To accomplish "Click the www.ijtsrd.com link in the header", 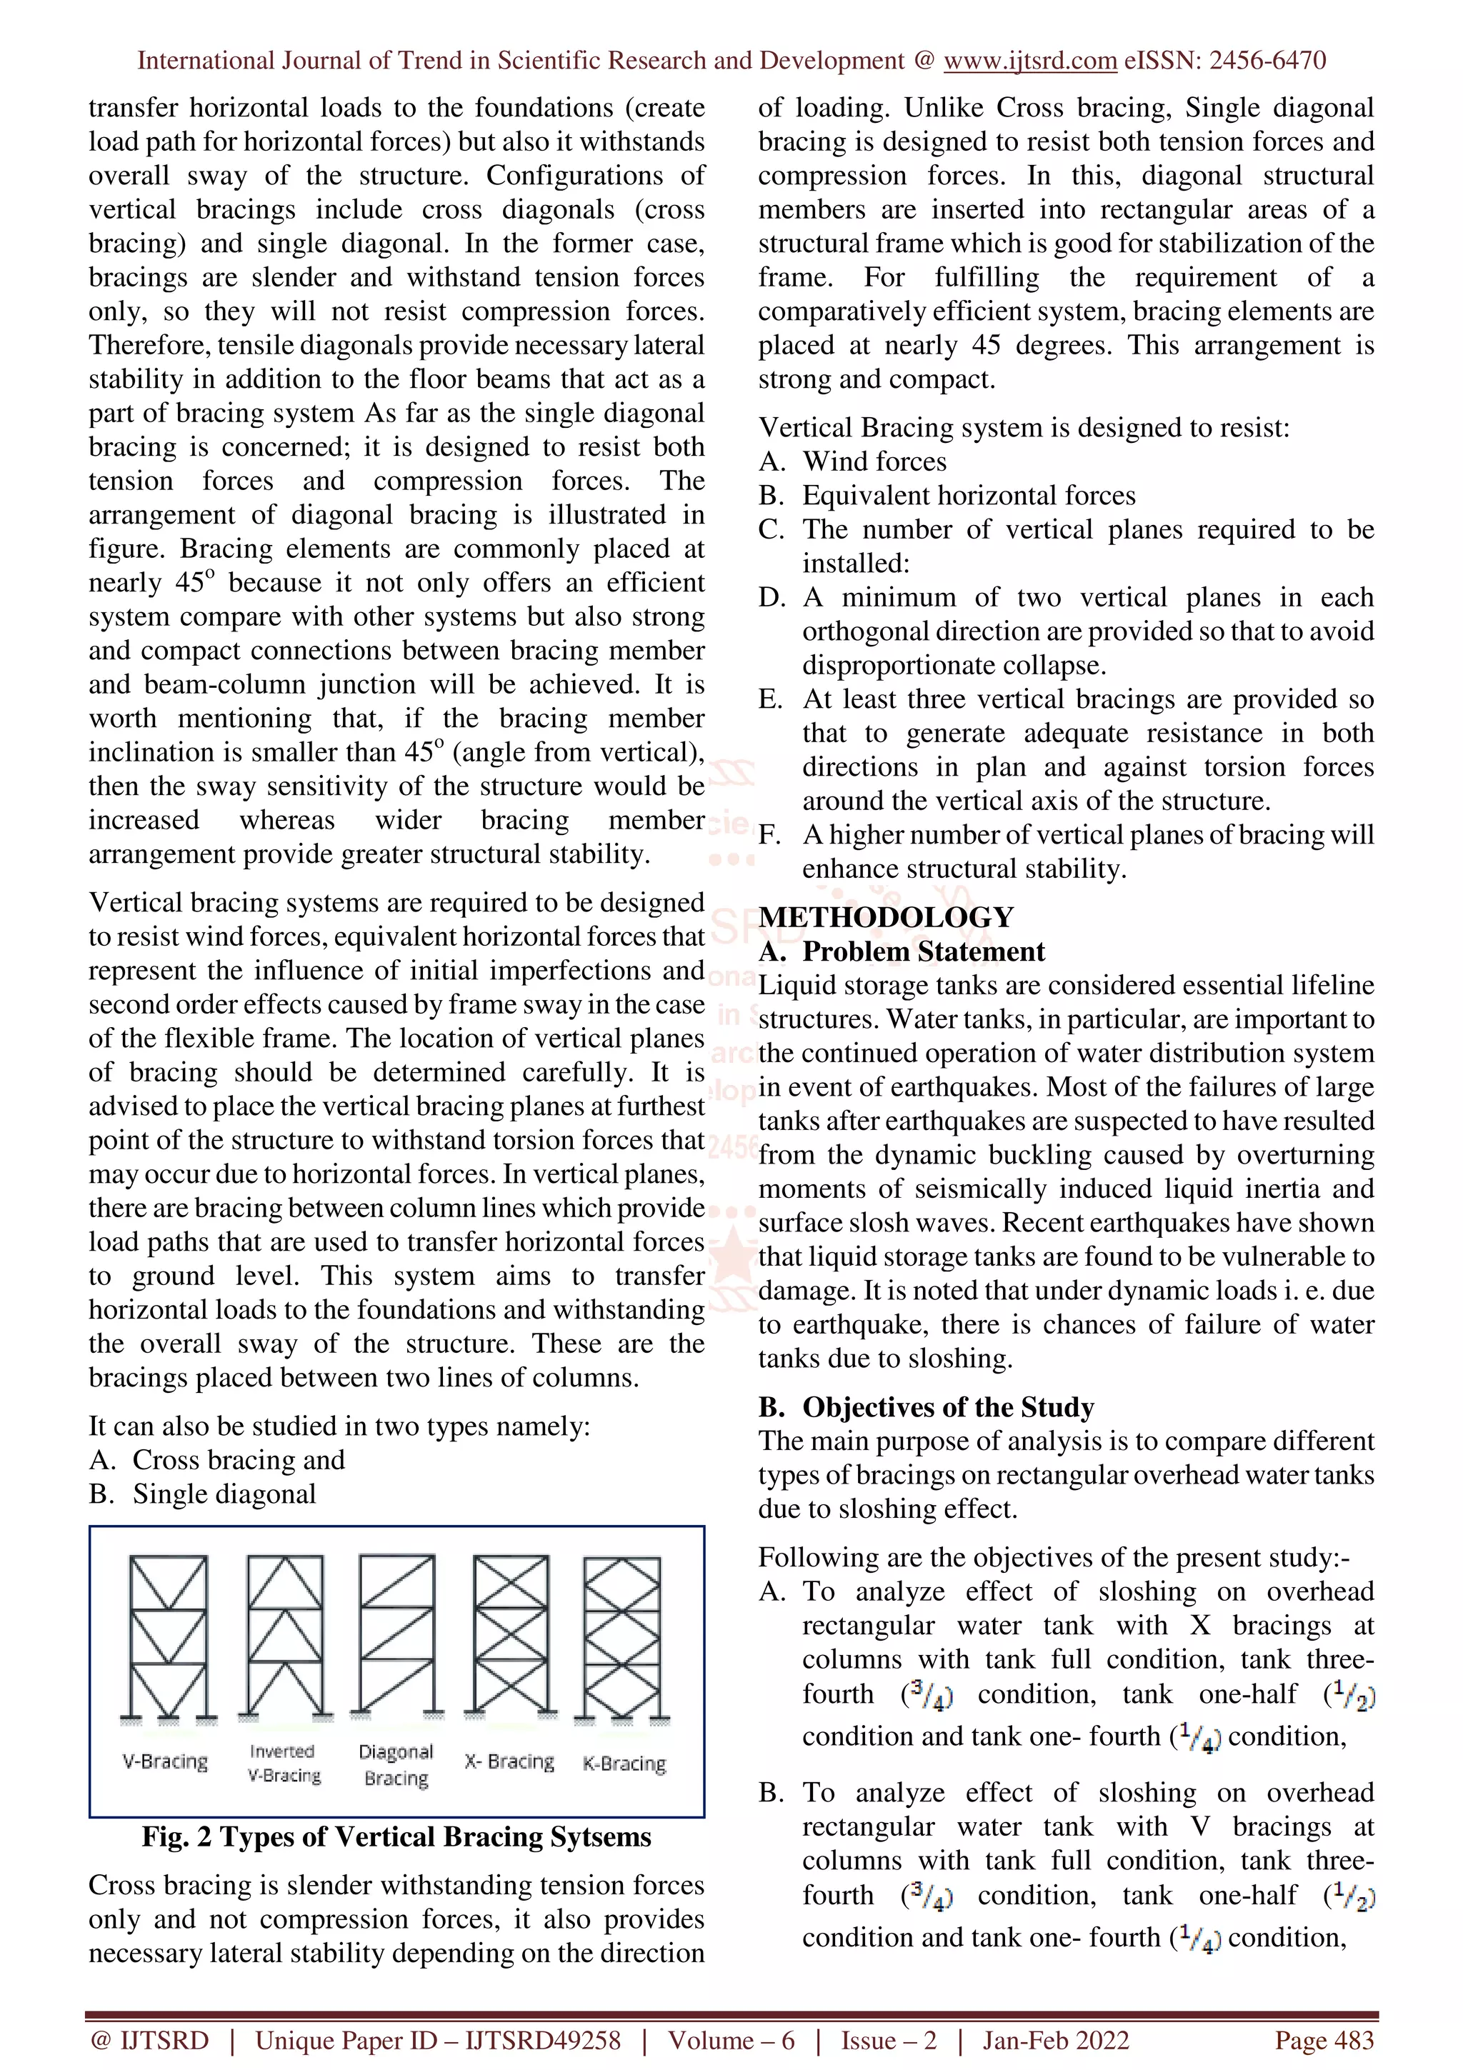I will (1029, 61).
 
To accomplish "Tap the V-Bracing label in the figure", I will (165, 1761).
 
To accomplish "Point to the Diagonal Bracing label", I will (396, 1764).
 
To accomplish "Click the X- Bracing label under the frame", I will (509, 1761).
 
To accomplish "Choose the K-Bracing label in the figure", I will (624, 1763).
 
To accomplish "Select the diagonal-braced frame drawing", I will (396, 1634).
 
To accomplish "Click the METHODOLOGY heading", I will (885, 917).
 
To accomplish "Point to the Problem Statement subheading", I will (923, 951).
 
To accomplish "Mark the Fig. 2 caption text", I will (396, 1836).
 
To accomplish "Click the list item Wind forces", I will (874, 461).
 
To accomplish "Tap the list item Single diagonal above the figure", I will (224, 1494).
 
